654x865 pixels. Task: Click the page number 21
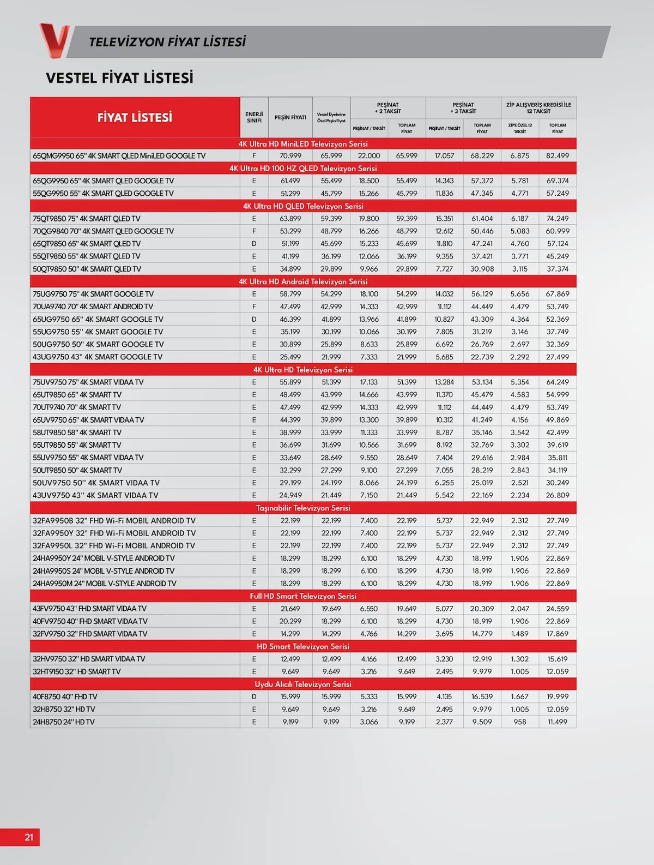(29, 837)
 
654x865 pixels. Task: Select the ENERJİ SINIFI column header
(254, 117)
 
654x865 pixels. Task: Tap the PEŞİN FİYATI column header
(290, 117)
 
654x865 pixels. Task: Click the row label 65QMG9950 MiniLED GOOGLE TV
(119, 156)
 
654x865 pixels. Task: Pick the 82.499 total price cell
(558, 156)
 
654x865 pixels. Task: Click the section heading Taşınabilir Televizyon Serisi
(303, 508)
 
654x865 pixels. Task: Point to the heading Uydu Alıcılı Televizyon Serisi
(303, 684)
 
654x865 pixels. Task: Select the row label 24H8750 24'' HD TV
(64, 722)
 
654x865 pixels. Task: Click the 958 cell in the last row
(520, 722)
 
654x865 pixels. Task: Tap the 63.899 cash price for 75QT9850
(290, 219)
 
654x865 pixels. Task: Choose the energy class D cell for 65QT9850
(254, 244)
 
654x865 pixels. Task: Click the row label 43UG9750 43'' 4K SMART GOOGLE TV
(98, 357)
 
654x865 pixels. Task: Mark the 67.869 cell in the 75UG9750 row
(558, 294)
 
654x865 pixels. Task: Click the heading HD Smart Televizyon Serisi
(303, 646)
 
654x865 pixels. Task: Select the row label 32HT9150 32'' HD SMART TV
(77, 671)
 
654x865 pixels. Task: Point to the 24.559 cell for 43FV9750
(558, 609)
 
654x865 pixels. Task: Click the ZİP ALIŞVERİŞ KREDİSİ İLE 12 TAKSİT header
(538, 108)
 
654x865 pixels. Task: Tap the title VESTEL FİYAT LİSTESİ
(120, 78)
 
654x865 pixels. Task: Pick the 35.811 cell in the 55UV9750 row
(558, 458)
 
